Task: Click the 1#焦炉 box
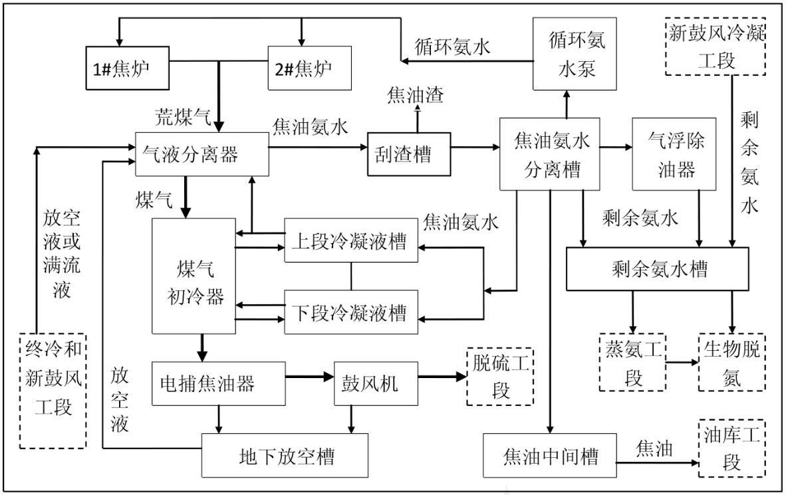point(127,68)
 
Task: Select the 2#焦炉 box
point(309,68)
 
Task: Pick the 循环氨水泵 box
point(567,53)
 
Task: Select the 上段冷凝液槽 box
point(352,241)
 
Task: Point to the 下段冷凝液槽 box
point(352,311)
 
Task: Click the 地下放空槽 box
point(285,456)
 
